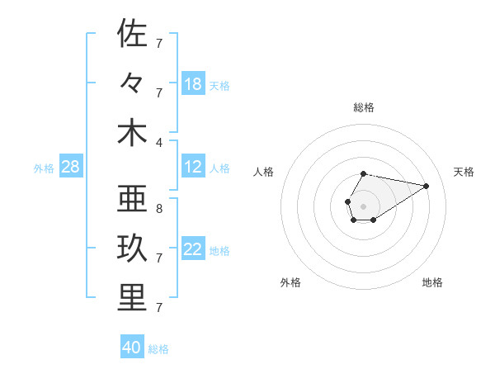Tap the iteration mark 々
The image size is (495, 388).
point(132,83)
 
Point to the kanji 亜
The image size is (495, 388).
point(132,200)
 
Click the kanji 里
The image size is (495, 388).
point(132,298)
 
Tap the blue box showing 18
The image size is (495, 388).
point(193,84)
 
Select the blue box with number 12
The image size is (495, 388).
point(193,168)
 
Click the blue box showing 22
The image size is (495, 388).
point(193,249)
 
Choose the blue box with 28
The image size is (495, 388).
point(70,168)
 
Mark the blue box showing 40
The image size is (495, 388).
point(132,348)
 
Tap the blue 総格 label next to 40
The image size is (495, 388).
point(158,349)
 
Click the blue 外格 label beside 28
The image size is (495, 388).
point(44,168)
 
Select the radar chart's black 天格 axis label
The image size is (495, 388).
point(464,172)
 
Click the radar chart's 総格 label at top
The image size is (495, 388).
point(364,107)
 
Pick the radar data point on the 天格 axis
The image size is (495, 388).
point(427,186)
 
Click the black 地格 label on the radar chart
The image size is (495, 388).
point(432,282)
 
